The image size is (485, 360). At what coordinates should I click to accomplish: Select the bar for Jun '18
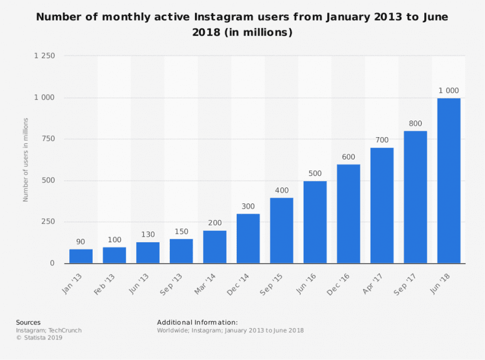click(x=448, y=181)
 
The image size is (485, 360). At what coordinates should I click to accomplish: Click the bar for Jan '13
click(x=81, y=256)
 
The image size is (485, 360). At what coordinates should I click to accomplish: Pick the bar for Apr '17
click(x=381, y=205)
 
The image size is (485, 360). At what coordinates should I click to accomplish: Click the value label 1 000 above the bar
click(x=448, y=91)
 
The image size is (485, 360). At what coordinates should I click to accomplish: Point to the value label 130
click(x=148, y=234)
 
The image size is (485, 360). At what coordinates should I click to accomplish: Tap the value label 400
click(x=281, y=190)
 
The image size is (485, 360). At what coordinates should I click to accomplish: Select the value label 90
click(x=81, y=241)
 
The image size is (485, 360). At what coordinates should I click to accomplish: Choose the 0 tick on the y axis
click(x=52, y=263)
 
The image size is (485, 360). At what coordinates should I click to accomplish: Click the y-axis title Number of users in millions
click(x=25, y=160)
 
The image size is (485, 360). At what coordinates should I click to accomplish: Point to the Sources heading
click(x=28, y=322)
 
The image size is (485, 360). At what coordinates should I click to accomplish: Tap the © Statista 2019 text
click(x=39, y=338)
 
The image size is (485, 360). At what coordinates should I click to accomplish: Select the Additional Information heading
click(x=197, y=322)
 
